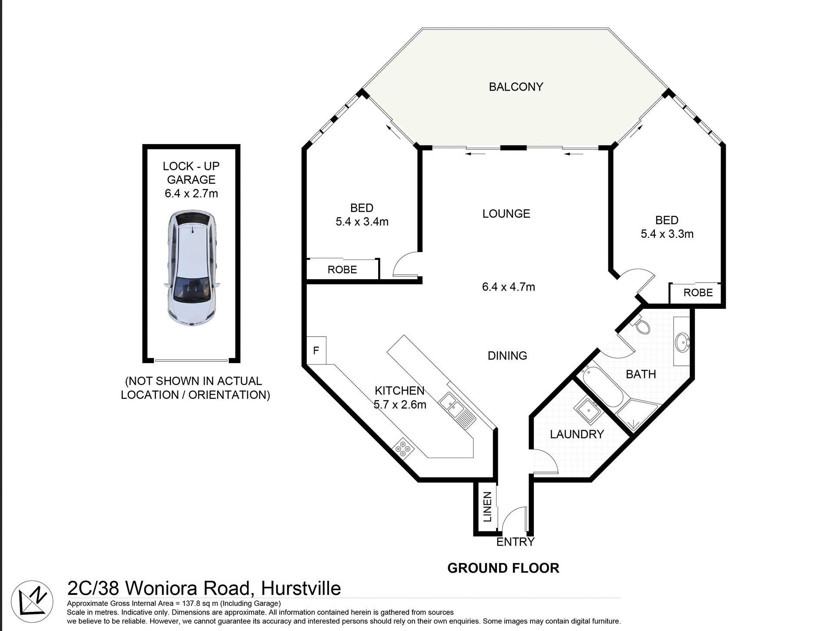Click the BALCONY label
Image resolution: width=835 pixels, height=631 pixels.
pyautogui.click(x=516, y=87)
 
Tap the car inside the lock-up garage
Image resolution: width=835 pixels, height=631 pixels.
pyautogui.click(x=191, y=268)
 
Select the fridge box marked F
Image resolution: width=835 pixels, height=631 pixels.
pyautogui.click(x=316, y=350)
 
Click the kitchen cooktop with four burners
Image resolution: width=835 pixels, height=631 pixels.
pyautogui.click(x=402, y=449)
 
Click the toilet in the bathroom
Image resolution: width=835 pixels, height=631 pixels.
pyautogui.click(x=642, y=326)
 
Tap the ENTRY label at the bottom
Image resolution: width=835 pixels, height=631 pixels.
pyautogui.click(x=515, y=542)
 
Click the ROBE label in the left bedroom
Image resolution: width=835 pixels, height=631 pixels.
pyautogui.click(x=342, y=270)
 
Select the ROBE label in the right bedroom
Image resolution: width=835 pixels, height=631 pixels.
pyautogui.click(x=698, y=293)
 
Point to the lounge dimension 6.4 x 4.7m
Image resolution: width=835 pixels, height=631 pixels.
pyautogui.click(x=508, y=287)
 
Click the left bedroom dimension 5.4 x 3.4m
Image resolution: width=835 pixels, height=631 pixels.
pyautogui.click(x=362, y=222)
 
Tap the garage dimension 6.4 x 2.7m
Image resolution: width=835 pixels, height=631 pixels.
pyautogui.click(x=191, y=193)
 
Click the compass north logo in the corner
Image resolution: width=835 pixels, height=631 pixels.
pyautogui.click(x=32, y=601)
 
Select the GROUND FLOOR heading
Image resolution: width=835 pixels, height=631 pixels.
pyautogui.click(x=503, y=568)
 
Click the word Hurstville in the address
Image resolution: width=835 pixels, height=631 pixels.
pyautogui.click(x=301, y=588)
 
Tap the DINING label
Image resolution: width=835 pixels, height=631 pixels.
pyautogui.click(x=507, y=356)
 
